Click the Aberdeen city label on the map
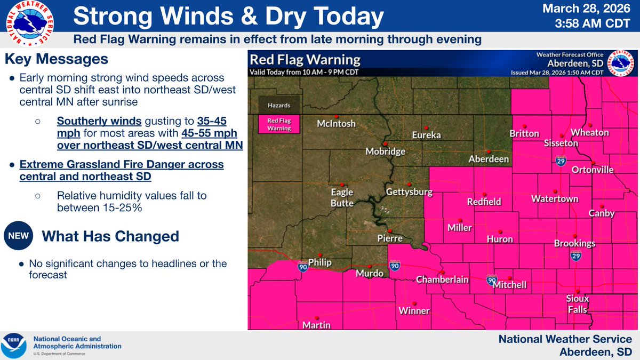point(489,159)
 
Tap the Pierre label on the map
point(389,238)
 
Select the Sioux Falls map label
point(577,305)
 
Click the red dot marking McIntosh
point(336,116)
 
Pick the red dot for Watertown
point(555,191)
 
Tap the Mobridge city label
point(385,151)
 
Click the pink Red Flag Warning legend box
point(279,124)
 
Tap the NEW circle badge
point(18,236)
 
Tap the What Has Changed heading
point(110,236)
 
